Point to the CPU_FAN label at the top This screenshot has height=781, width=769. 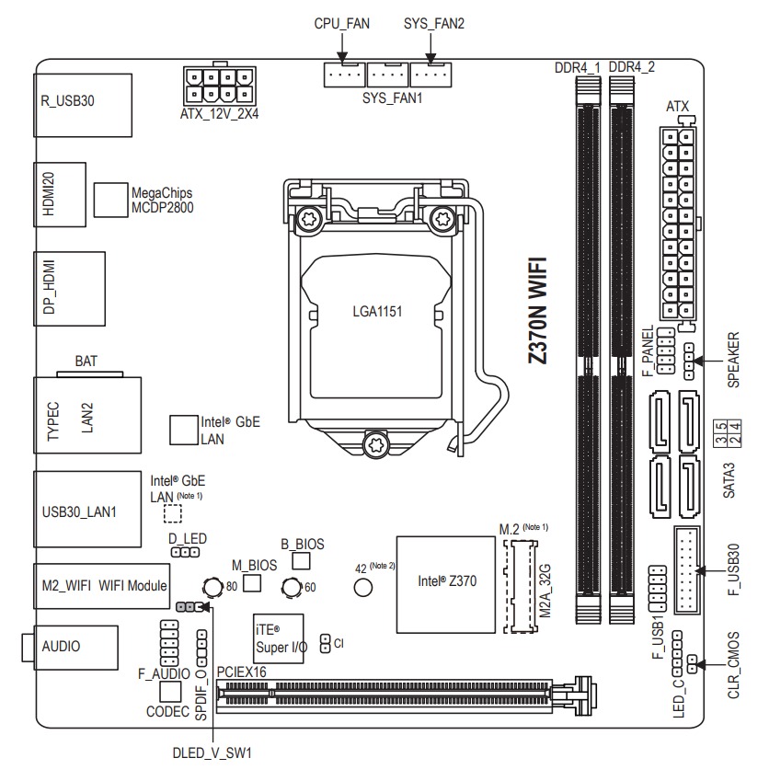[342, 24]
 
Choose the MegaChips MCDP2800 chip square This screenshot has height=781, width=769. [110, 195]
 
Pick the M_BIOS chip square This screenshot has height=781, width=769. [251, 582]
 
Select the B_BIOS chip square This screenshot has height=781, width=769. [302, 560]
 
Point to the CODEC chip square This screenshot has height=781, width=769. [169, 692]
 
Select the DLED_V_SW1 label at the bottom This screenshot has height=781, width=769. [212, 752]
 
